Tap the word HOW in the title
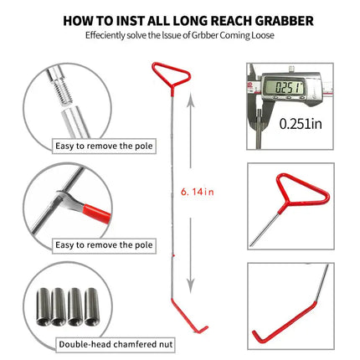click(80, 18)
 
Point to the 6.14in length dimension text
click(197, 191)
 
